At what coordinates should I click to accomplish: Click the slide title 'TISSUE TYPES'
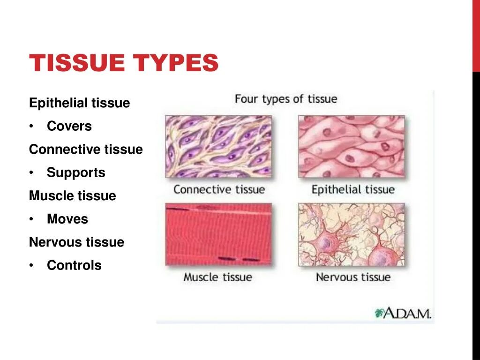coord(124,63)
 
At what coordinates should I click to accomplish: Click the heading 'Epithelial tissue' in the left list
coord(79,103)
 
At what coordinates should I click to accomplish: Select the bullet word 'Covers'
coord(69,126)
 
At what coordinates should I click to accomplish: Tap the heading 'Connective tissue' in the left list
coord(86,150)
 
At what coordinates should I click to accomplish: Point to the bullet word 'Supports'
coord(76,172)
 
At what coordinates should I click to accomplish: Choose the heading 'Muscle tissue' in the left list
coord(72,195)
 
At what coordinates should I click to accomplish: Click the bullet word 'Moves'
coord(67,219)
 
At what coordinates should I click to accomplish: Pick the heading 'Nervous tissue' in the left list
coord(76,242)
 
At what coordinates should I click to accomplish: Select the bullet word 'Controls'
coord(74,265)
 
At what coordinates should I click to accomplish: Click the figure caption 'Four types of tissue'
coord(285,99)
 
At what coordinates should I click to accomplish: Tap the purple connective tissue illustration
coord(218,147)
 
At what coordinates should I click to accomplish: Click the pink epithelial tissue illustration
coord(351,147)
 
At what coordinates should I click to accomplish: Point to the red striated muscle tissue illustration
coord(218,234)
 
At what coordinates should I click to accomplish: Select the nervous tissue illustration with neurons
coord(351,234)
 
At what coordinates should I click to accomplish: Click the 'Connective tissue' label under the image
coord(219,190)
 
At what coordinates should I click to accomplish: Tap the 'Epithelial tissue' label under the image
coord(353,190)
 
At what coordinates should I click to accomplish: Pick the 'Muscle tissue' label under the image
coord(217,277)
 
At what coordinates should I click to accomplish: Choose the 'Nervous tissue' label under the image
coord(353,277)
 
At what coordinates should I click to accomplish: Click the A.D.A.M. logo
coord(403,313)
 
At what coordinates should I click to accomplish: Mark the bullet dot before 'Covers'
coord(31,127)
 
